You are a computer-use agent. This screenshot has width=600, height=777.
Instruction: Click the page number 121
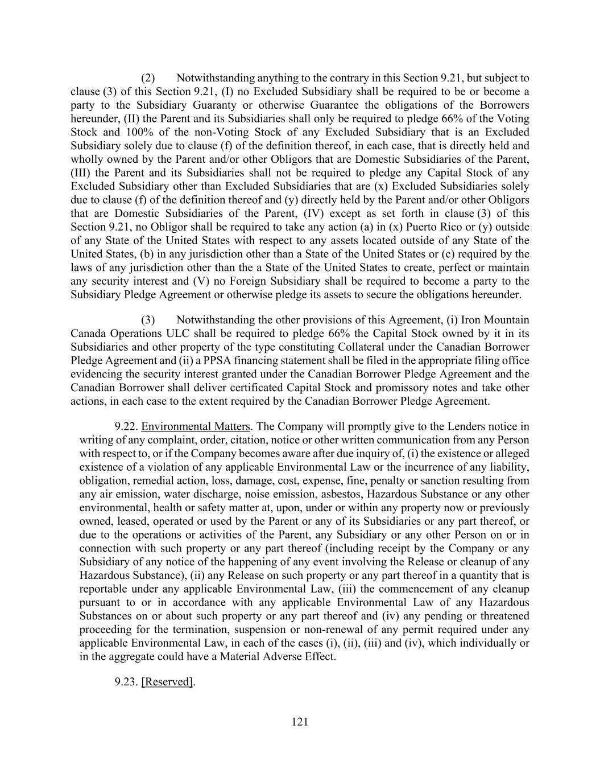pyautogui.click(x=300, y=722)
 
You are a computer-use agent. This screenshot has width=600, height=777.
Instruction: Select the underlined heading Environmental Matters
pyautogui.click(x=196, y=426)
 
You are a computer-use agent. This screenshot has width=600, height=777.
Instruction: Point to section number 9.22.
pyautogui.click(x=126, y=426)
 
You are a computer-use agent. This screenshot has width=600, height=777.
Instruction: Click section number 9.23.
pyautogui.click(x=126, y=681)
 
